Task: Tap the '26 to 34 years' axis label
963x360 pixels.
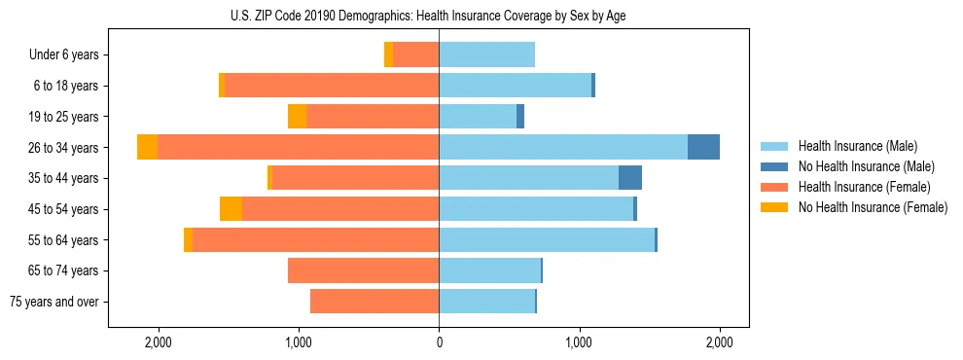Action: tap(63, 148)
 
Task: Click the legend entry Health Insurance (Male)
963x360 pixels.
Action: tap(857, 146)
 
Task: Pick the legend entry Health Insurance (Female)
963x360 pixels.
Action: tap(864, 187)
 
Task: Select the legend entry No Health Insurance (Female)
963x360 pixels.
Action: tap(873, 207)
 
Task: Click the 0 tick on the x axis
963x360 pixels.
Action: tap(439, 342)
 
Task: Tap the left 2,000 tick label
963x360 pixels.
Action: tap(158, 342)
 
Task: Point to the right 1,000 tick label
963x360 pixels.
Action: tap(579, 342)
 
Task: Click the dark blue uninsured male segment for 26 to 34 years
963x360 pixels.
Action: tap(703, 147)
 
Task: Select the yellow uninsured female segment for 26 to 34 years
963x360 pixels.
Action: tap(147, 147)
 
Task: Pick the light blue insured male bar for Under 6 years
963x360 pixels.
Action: tap(486, 54)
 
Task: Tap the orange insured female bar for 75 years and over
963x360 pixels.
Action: tap(374, 302)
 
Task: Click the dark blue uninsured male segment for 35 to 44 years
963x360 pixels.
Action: tap(630, 178)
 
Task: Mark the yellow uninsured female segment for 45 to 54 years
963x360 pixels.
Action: tap(231, 209)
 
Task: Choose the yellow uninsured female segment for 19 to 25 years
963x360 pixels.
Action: tap(297, 117)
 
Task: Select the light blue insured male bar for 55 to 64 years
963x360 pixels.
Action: tap(547, 239)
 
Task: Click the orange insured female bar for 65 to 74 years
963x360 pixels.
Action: tap(363, 270)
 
